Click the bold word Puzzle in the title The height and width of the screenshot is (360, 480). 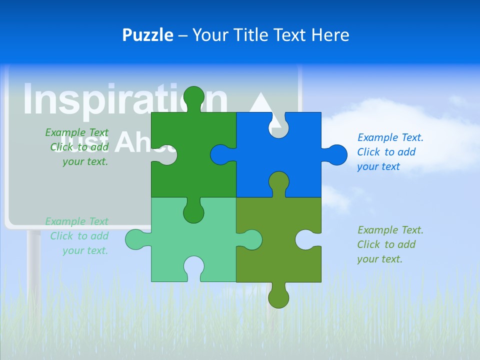[x=148, y=35]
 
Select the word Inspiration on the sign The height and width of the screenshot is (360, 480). [x=120, y=99]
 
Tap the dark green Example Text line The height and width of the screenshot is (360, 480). [x=76, y=132]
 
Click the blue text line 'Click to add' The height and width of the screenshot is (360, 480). [x=386, y=152]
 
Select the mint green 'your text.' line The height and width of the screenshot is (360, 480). [x=85, y=250]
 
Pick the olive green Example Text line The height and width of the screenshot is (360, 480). [x=390, y=230]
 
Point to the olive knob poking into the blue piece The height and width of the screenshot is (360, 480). [x=278, y=182]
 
